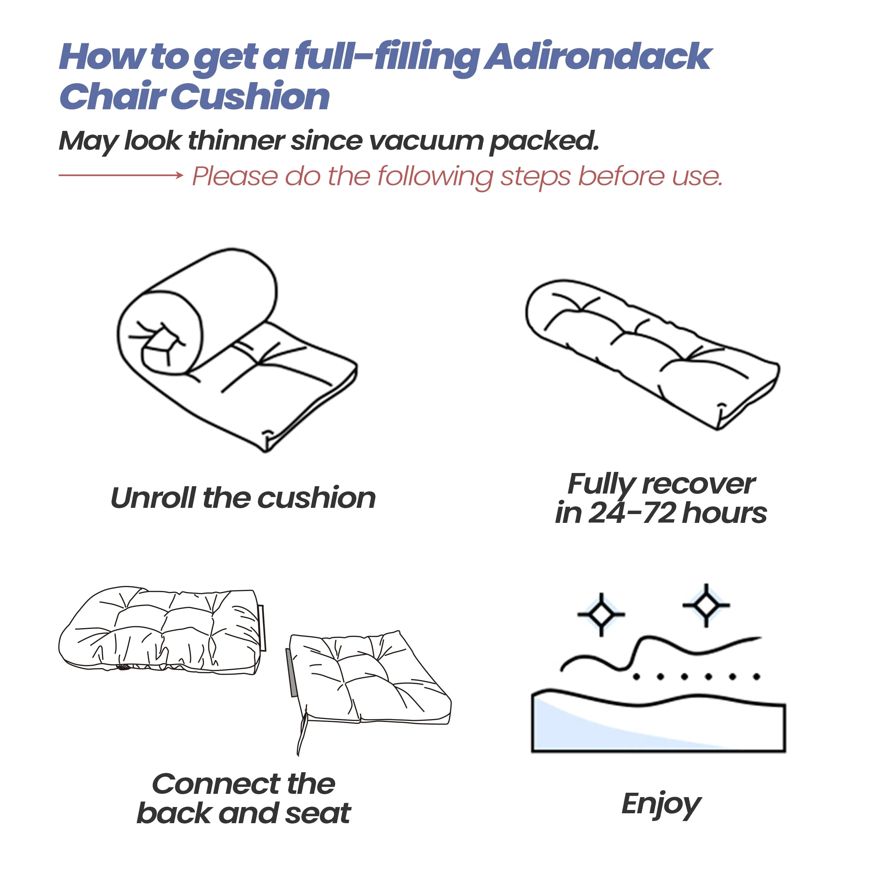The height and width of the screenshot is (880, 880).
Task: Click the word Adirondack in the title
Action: [x=598, y=57]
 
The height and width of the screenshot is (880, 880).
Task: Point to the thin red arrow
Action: [x=121, y=175]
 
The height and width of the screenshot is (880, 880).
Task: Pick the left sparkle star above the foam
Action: [x=601, y=615]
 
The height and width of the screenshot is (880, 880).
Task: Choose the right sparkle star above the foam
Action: [x=706, y=605]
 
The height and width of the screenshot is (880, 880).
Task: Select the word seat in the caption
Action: [x=318, y=814]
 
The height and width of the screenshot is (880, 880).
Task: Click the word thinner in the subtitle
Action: [x=236, y=140]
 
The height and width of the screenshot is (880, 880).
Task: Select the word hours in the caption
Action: [x=724, y=513]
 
